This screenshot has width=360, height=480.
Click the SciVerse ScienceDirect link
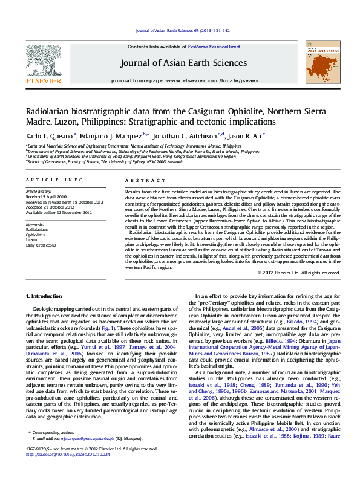tap(214, 47)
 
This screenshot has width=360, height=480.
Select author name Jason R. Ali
tap(243, 136)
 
